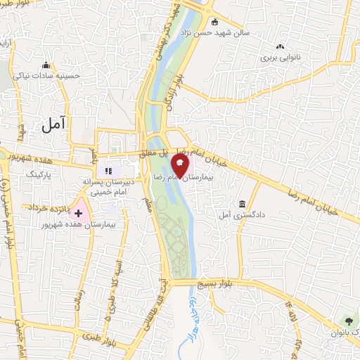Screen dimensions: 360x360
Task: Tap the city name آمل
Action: click(x=53, y=124)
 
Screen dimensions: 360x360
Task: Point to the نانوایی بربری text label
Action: click(x=280, y=57)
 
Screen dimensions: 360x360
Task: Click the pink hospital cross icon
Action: click(x=79, y=212)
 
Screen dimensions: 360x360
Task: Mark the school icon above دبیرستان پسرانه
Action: click(x=108, y=169)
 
